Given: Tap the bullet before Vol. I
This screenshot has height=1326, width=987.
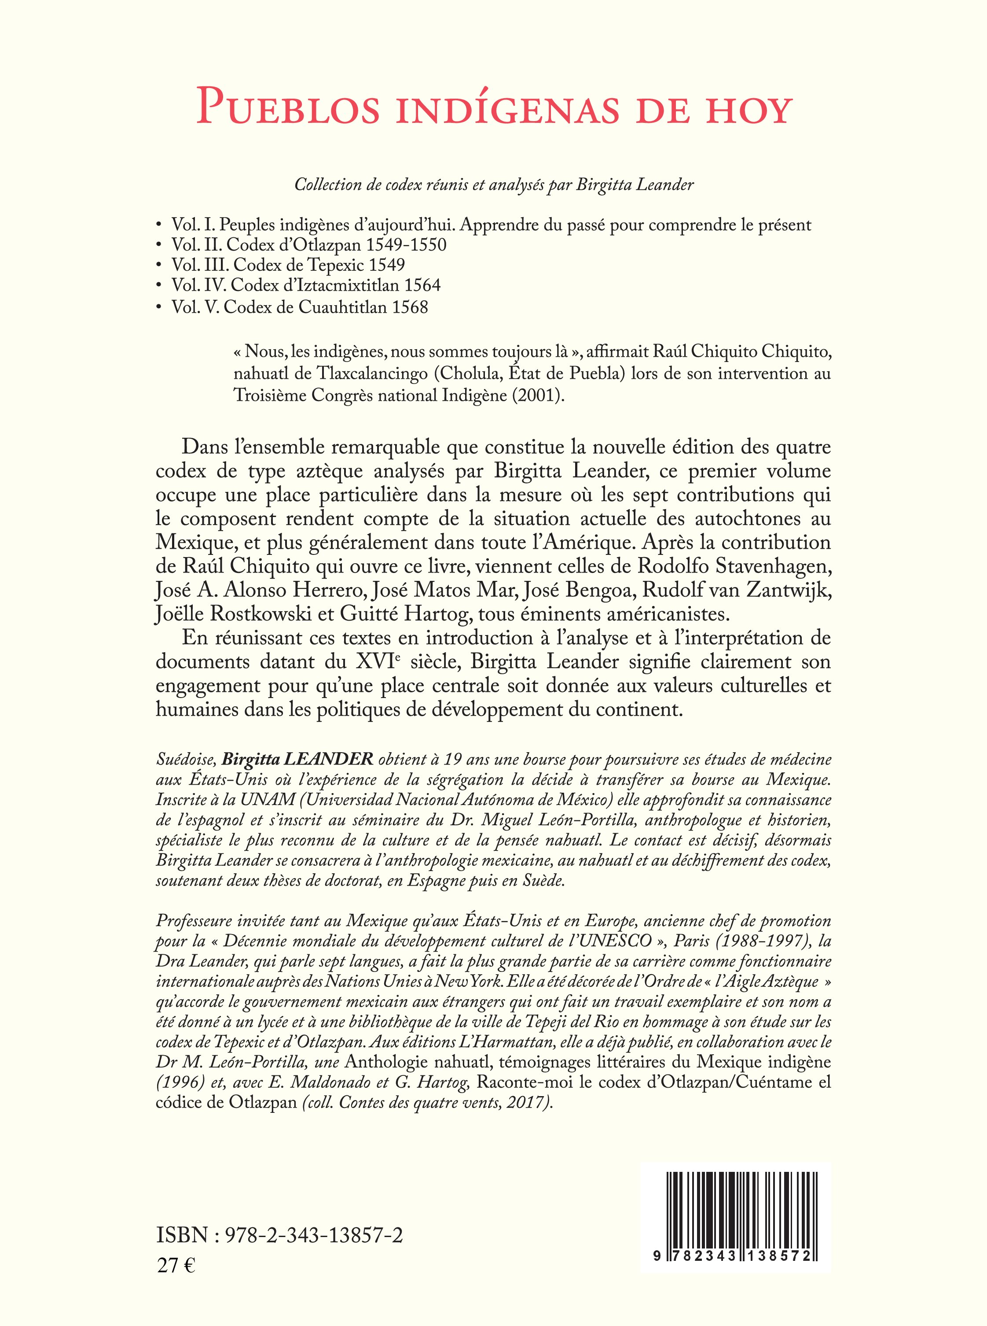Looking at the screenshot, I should pyautogui.click(x=158, y=225).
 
